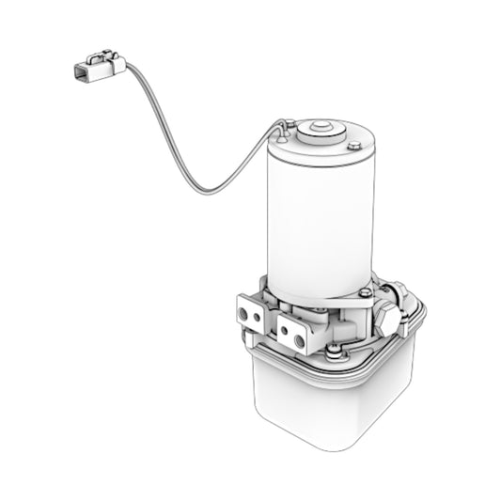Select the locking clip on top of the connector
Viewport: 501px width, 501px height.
click(x=97, y=58)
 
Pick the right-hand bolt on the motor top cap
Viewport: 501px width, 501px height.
click(x=353, y=145)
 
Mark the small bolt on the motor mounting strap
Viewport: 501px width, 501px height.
click(x=363, y=291)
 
